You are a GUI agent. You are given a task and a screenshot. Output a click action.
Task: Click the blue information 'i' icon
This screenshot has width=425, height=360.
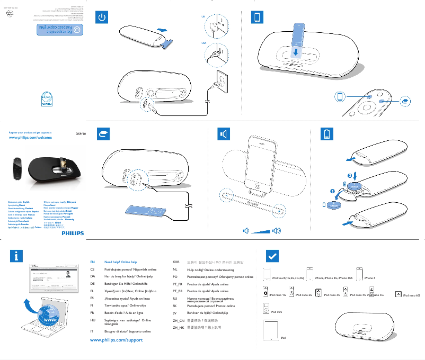pyautogui.click(x=17, y=256)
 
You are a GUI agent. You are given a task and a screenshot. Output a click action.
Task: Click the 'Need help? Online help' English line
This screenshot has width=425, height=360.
pyautogui.click(x=121, y=262)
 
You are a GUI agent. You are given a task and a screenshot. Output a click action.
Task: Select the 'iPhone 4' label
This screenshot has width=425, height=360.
pyautogui.click(x=369, y=278)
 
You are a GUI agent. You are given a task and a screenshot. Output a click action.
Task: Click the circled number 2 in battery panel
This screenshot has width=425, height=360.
pyautogui.click(x=349, y=175)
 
